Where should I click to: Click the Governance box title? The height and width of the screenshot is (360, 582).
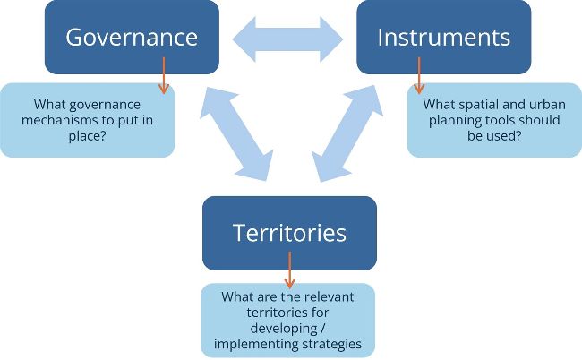point(132,38)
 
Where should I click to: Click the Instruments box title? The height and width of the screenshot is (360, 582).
point(444,37)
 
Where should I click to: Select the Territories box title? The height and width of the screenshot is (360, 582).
point(289,233)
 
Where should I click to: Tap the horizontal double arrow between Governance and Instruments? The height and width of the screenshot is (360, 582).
point(287,39)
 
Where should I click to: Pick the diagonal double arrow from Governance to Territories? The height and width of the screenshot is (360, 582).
point(236,134)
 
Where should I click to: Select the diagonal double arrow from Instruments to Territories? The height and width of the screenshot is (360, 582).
point(347,133)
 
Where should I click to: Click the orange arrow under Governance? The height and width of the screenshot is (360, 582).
point(164,75)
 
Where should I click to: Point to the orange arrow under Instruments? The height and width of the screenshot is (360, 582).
point(419,75)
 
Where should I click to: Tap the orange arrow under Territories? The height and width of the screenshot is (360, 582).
point(289,270)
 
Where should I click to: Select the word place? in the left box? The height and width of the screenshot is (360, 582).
point(87,136)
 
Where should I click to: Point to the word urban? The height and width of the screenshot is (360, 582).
point(547,104)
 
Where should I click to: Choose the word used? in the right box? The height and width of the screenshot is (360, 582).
point(504,136)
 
